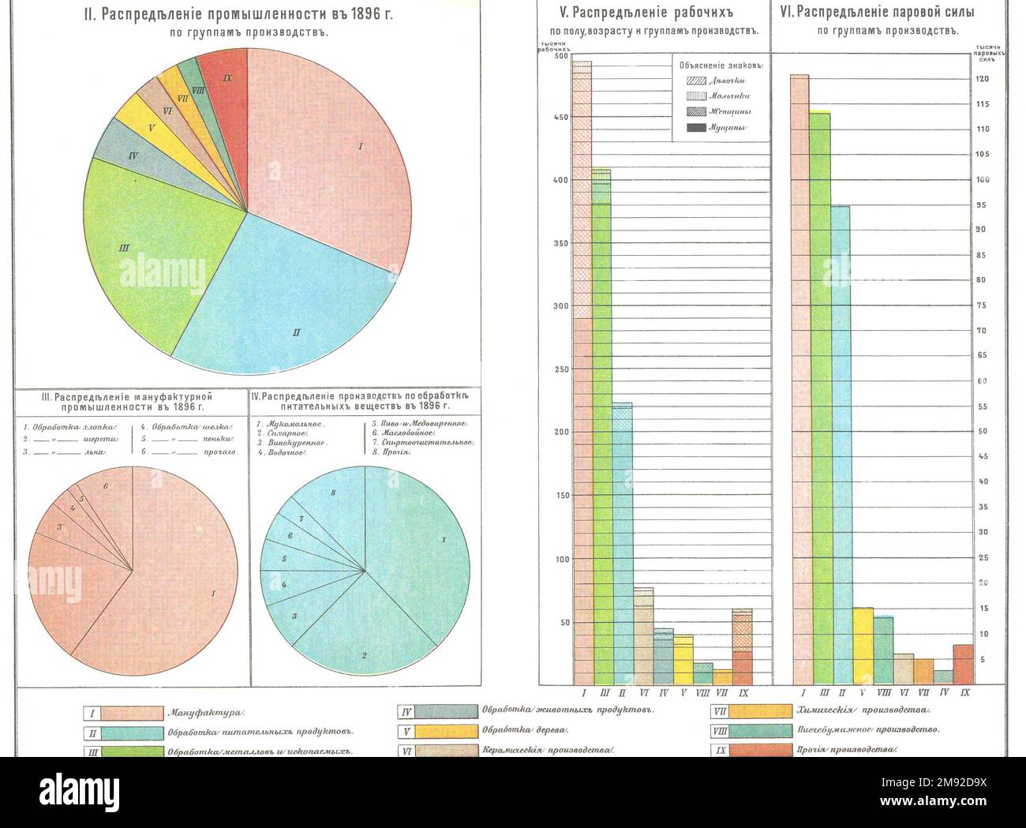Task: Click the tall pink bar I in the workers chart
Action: (582, 395)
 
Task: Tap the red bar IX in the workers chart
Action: (742, 647)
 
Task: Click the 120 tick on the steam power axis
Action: (983, 80)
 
